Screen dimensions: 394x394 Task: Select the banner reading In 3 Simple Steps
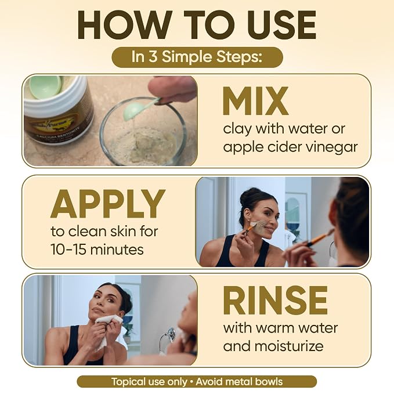tap(197, 57)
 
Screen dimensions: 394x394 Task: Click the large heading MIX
tap(255, 101)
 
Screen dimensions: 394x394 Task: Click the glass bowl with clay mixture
tap(143, 131)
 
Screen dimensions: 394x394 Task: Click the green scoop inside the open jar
tap(46, 86)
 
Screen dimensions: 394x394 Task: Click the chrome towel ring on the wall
tap(167, 336)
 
